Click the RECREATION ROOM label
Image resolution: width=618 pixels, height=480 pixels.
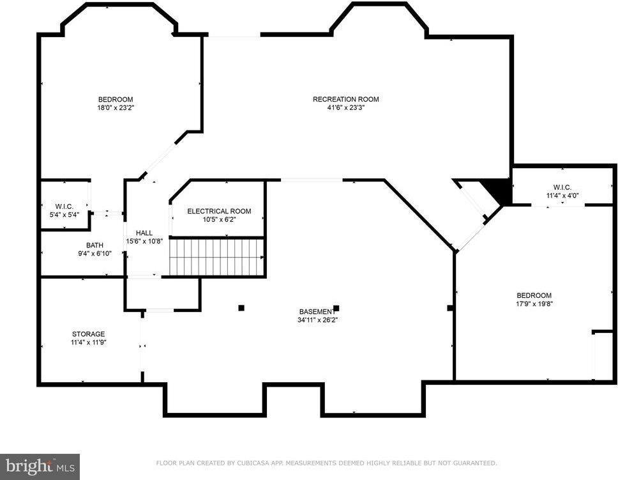[x=345, y=99]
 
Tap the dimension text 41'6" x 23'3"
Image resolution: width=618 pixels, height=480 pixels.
[x=345, y=108]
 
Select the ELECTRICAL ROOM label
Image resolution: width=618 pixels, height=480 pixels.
[x=219, y=211]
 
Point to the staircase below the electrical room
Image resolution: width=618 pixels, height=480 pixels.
[x=216, y=257]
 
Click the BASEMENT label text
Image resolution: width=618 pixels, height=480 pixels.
[x=315, y=311]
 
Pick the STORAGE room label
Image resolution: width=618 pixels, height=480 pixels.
[x=88, y=334]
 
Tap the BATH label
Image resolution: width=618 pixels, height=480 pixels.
[x=94, y=245]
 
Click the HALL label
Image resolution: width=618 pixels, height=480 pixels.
[x=144, y=233]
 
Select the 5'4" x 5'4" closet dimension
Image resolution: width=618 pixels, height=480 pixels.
[x=64, y=215]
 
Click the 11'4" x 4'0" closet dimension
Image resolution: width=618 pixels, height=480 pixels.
[x=562, y=196]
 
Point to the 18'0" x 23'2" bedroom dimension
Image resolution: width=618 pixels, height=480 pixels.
[x=116, y=108]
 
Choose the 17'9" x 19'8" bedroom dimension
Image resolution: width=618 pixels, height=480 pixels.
[x=534, y=304]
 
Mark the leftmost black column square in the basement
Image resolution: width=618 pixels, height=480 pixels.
[x=241, y=307]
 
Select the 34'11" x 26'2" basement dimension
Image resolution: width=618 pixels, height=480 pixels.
[x=317, y=320]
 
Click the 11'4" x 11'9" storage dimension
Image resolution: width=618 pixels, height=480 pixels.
[x=88, y=343]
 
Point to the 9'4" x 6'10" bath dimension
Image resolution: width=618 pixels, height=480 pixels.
[x=94, y=254]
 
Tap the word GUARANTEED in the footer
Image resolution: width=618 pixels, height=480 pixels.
[x=474, y=463]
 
